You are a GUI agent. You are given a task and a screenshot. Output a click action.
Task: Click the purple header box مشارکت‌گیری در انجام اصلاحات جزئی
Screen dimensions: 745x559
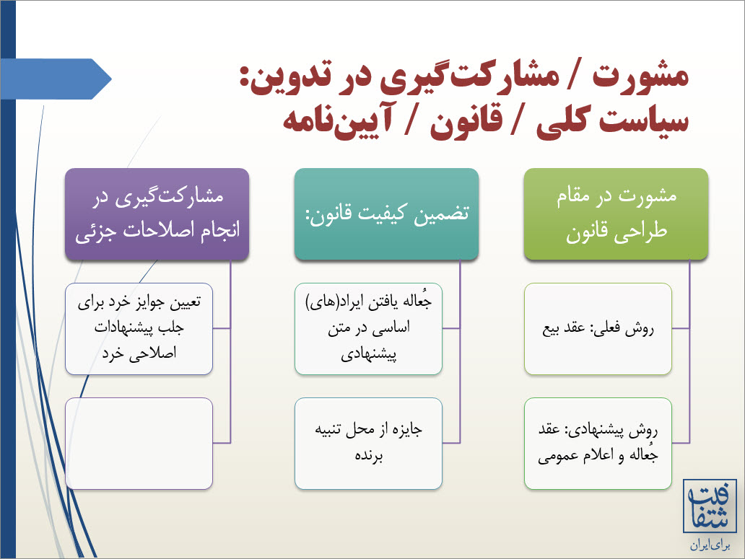click(x=157, y=214)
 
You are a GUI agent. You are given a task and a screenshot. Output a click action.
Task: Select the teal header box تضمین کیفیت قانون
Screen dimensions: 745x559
click(x=386, y=214)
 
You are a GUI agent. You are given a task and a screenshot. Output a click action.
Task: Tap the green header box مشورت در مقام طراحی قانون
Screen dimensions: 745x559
click(x=617, y=214)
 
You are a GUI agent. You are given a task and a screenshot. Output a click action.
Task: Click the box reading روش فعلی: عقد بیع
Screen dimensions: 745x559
click(x=598, y=329)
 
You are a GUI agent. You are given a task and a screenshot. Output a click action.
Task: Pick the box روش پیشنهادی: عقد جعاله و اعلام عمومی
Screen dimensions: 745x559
click(x=598, y=444)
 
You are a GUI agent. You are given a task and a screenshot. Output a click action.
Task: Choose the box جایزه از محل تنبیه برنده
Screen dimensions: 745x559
click(x=368, y=444)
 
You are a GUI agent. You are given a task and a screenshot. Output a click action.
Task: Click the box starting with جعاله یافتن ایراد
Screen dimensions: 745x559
click(x=368, y=329)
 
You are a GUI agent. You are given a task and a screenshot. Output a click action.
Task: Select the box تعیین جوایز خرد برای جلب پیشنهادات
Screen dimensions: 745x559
click(x=139, y=329)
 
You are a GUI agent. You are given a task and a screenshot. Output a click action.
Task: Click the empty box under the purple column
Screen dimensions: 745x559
click(x=139, y=444)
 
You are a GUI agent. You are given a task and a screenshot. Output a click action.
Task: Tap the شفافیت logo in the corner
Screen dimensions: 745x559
click(x=710, y=506)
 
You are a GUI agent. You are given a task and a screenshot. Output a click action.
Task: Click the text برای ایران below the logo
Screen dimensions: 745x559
click(x=710, y=545)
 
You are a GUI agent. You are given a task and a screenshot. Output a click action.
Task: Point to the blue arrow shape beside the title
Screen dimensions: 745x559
click(x=56, y=79)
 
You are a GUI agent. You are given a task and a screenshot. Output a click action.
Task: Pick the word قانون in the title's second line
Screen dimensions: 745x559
click(x=466, y=123)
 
